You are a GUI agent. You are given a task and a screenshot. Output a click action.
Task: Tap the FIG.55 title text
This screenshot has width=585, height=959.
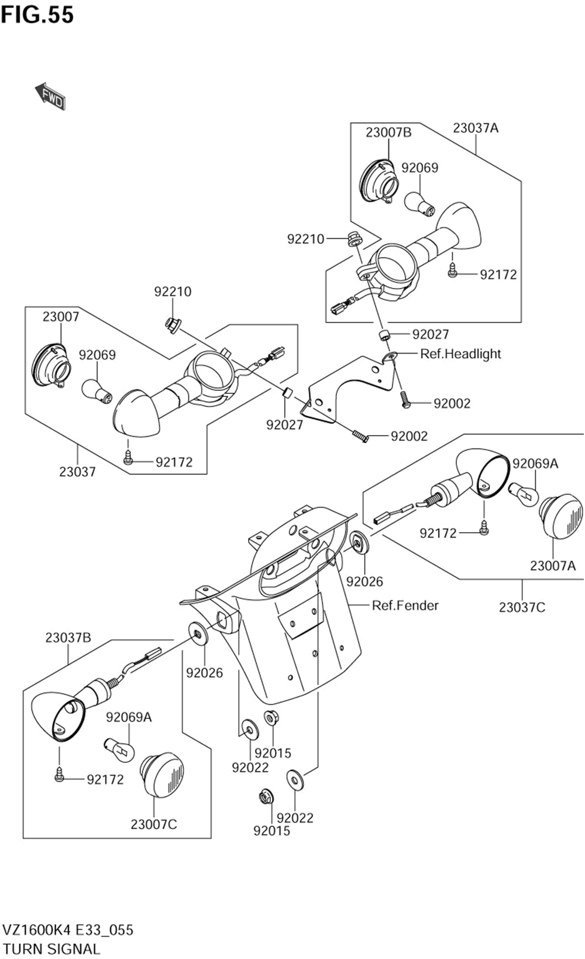point(37,15)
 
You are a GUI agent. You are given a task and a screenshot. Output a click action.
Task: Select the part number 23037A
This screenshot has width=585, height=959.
point(476,128)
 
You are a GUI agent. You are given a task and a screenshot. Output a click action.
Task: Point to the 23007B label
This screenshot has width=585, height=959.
point(388,132)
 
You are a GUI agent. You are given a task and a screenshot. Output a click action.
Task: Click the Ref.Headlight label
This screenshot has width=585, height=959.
point(460,354)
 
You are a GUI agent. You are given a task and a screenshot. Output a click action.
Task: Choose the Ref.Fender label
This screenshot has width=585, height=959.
point(405,605)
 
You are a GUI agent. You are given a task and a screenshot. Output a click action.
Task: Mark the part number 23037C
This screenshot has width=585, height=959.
point(522,607)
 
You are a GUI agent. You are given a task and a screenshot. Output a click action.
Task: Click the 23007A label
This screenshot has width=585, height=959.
point(553,566)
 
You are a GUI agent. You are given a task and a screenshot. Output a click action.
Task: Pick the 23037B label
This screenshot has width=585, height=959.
point(68,638)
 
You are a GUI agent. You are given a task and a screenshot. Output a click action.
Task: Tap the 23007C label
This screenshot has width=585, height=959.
point(153,824)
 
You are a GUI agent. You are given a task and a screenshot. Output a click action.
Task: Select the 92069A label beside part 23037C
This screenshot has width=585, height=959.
point(535,464)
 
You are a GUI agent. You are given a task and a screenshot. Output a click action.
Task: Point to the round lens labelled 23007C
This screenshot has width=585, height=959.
point(162,774)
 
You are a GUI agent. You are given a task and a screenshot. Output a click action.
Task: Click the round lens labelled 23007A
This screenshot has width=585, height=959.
point(562,515)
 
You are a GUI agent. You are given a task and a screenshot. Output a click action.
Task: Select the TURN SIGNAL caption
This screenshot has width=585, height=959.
point(51,948)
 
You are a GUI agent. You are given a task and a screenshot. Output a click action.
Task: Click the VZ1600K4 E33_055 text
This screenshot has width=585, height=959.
point(68,930)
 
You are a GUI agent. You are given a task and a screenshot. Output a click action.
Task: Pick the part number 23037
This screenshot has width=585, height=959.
point(77,471)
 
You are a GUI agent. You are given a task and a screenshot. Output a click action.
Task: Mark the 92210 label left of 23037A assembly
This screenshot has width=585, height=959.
point(305,239)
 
